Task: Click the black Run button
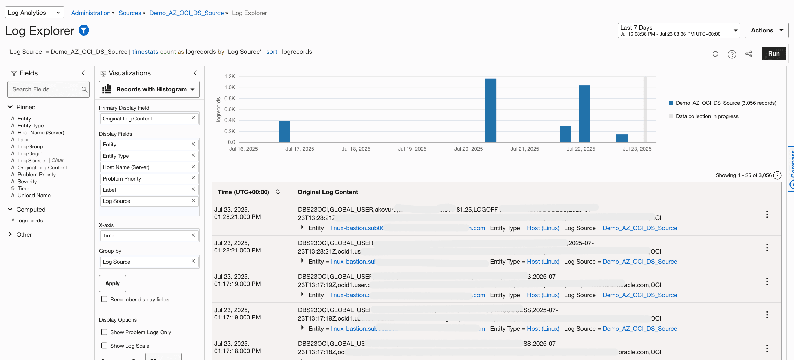773,53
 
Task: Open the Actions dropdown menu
766,30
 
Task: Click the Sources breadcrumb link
130,13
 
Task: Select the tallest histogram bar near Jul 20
490,110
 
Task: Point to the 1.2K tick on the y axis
230,76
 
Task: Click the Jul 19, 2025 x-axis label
412,149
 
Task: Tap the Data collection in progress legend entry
707,116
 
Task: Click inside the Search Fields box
45,89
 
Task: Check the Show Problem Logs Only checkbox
104,332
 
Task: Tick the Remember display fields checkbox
104,299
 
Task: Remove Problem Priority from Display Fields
193,178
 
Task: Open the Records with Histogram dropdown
149,89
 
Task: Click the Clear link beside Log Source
58,160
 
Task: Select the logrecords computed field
30,221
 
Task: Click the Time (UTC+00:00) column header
244,192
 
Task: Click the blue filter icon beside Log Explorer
84,31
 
